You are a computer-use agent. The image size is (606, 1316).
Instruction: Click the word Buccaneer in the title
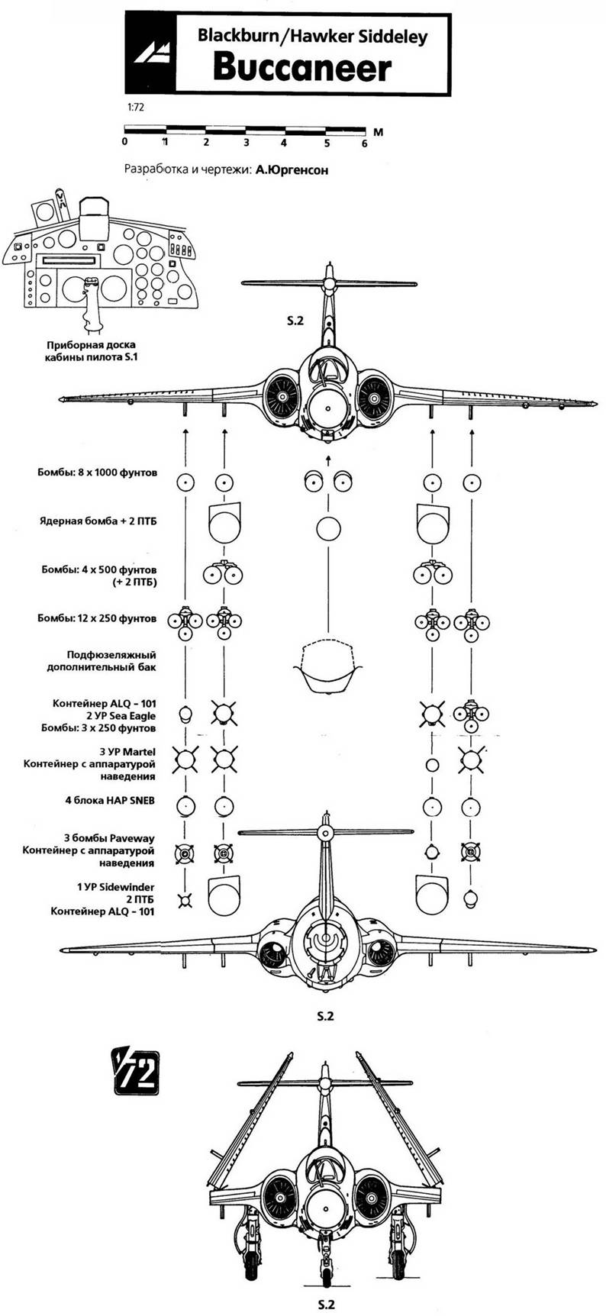301,69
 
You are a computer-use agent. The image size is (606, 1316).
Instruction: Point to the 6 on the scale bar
364,143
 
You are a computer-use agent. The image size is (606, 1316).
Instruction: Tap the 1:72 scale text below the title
134,108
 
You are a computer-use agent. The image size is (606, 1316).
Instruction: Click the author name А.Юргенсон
290,170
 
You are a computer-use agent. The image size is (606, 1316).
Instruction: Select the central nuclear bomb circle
328,528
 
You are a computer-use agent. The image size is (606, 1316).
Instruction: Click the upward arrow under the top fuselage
328,459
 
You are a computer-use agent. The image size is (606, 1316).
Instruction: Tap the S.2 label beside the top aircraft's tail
295,321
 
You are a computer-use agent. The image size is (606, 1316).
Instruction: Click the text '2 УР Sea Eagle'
122,715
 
